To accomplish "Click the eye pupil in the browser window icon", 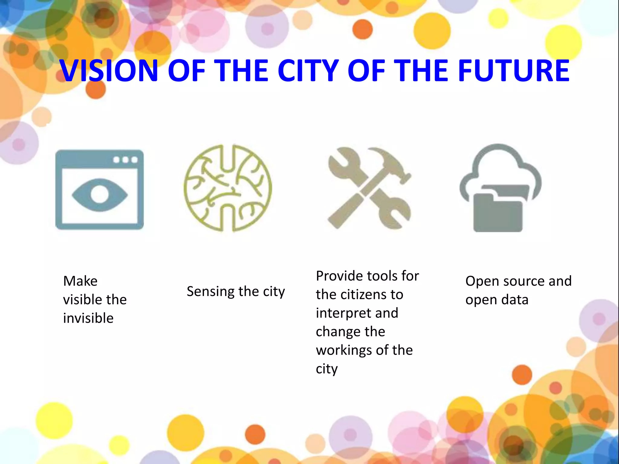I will click(x=99, y=194).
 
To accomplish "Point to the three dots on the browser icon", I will click(x=125, y=160).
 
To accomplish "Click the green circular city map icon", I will click(x=228, y=188).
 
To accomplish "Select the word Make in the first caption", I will click(x=80, y=281).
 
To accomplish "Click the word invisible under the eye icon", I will click(x=88, y=318).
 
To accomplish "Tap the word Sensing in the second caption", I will click(x=210, y=292).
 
